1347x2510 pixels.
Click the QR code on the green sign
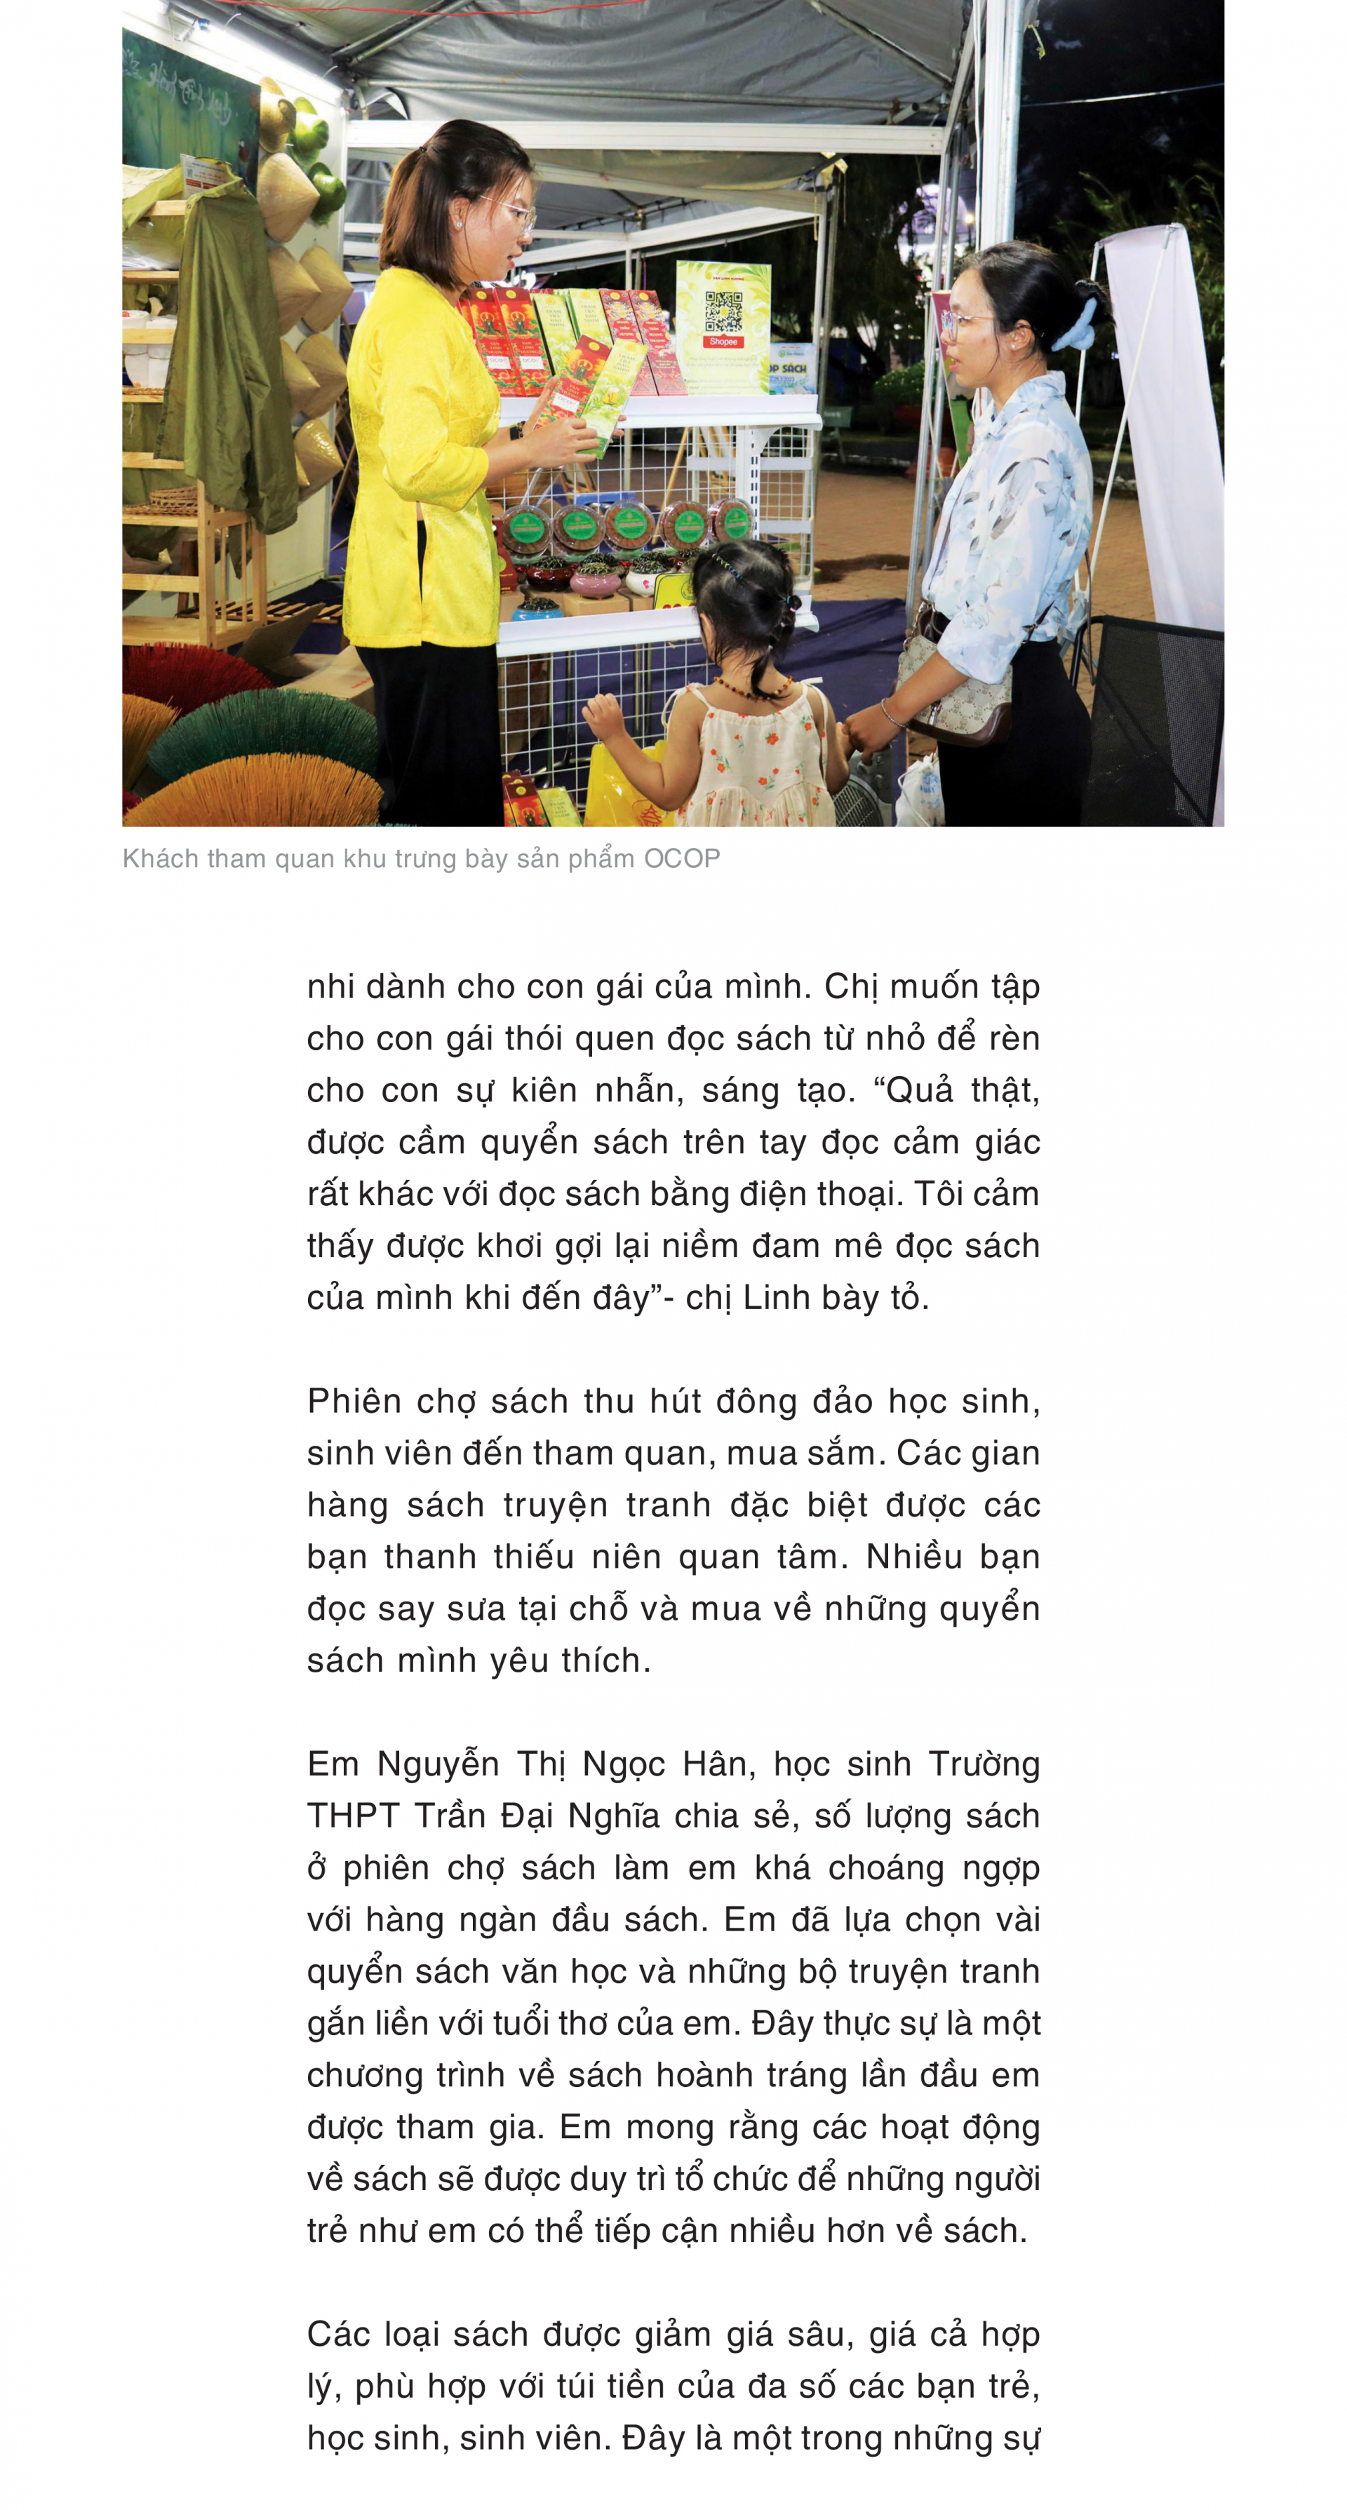tap(723, 311)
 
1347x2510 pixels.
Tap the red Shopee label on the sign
tap(723, 342)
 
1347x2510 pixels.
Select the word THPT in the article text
tap(353, 1816)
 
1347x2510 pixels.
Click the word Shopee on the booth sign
tap(723, 342)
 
